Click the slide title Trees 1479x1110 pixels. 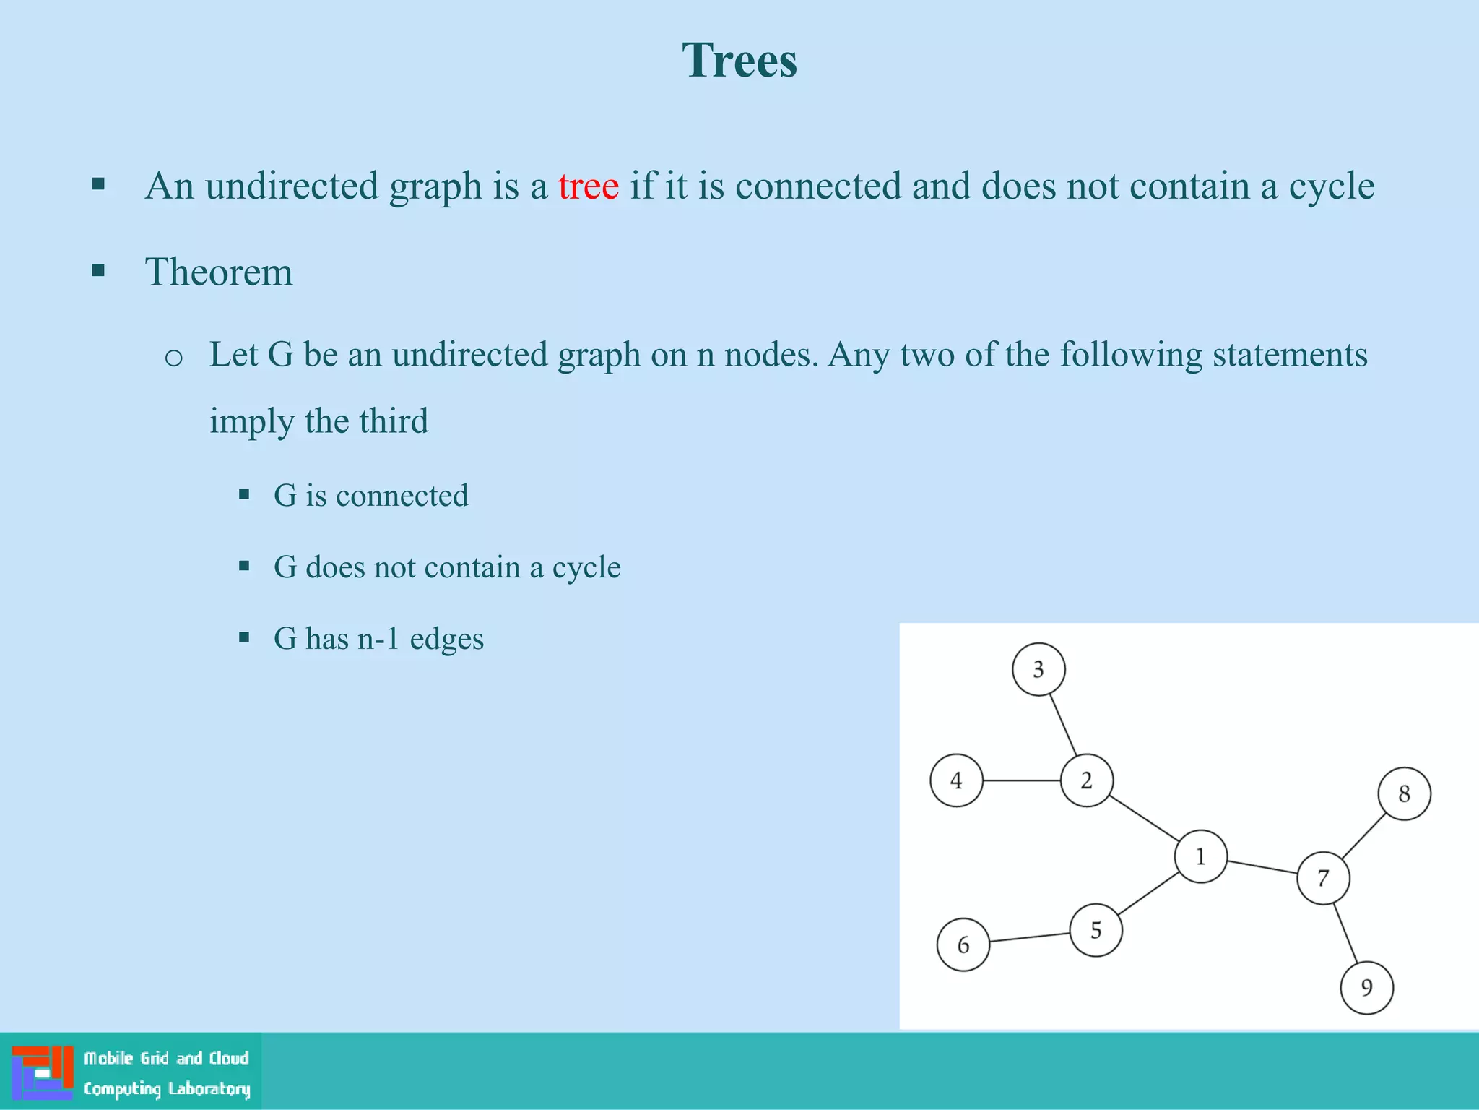tap(739, 60)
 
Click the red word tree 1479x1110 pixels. tap(588, 186)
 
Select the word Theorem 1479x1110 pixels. tap(219, 272)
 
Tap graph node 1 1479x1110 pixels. tap(1200, 856)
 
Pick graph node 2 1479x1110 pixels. tap(1086, 780)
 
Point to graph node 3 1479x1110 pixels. tap(1038, 670)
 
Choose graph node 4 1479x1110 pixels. tap(956, 780)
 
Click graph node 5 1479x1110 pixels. tap(1096, 930)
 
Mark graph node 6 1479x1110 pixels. tap(963, 945)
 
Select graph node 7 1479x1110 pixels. tap(1323, 878)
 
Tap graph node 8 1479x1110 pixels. tap(1404, 794)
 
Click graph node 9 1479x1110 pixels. tap(1366, 988)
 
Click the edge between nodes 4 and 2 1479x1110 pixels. tap(1021, 780)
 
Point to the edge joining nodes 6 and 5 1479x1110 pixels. tap(1029, 937)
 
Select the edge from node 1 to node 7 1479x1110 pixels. tap(1262, 867)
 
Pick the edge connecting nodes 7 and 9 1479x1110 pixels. tap(1345, 934)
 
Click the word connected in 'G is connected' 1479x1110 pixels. tap(402, 496)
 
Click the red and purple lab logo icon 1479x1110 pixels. tap(43, 1072)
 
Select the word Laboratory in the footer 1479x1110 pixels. tap(209, 1089)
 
